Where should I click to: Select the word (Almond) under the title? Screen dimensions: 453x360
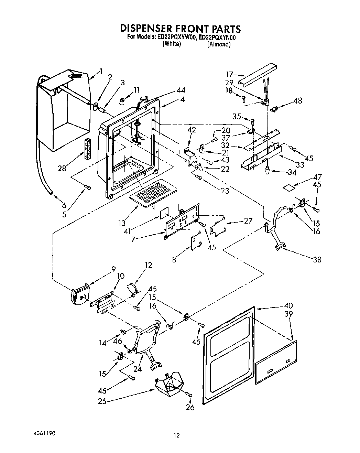tap(219, 44)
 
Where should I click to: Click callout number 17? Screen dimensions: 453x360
tap(230, 74)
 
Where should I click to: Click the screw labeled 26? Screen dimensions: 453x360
tap(189, 395)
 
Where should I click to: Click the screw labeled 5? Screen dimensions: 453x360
tap(87, 187)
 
